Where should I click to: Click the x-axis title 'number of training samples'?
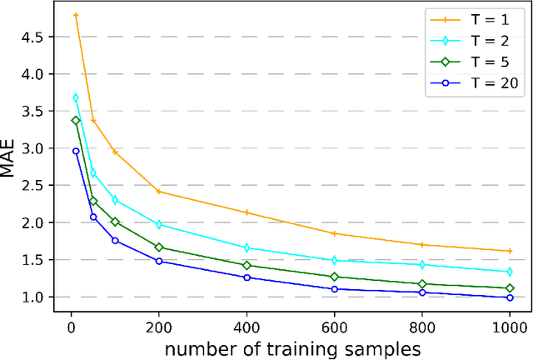(292, 347)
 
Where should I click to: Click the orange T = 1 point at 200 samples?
(159, 192)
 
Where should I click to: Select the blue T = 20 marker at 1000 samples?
(510, 297)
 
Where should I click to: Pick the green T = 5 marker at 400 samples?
(247, 265)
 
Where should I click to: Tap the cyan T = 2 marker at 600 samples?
(334, 260)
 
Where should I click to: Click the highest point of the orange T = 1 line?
(76, 15)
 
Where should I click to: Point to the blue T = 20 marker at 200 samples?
(159, 261)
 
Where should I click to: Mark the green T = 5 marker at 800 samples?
(422, 284)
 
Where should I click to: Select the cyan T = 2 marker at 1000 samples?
(510, 272)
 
